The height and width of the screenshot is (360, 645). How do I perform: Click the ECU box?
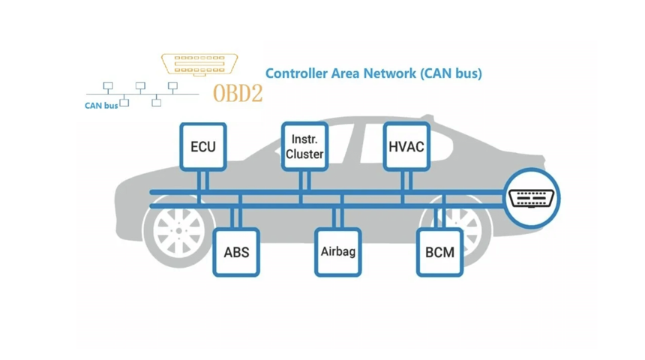202,146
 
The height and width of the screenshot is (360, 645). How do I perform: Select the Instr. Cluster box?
304,146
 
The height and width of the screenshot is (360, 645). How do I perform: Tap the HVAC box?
406,146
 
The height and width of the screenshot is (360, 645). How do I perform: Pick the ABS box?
236,252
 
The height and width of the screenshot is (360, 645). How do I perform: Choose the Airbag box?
337,252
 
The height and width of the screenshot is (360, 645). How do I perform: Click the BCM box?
439,252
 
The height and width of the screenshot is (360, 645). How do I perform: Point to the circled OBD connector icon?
532,198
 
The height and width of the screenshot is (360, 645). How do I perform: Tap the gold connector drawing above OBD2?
199,64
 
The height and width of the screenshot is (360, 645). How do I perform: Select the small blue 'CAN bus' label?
101,106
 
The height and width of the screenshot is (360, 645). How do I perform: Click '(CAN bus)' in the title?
450,73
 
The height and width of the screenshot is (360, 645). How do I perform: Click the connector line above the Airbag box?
337,217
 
